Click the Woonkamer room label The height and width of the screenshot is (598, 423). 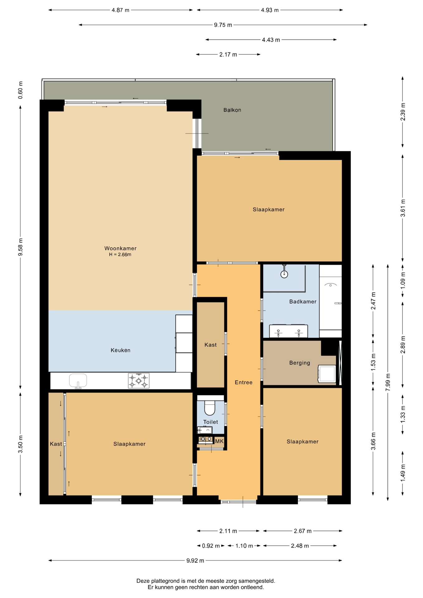coord(120,248)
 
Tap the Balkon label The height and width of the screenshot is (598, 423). coord(232,110)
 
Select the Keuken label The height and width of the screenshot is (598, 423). coord(121,350)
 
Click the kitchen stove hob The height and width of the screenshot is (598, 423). coord(139,381)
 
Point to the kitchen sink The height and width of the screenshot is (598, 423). coord(78,381)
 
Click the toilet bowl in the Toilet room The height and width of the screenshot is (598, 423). coord(210,408)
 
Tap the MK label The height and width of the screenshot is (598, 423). coord(219,441)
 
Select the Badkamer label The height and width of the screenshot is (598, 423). coord(303,301)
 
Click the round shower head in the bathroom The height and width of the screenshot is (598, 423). coord(284,274)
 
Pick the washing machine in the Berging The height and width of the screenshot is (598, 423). coord(327,374)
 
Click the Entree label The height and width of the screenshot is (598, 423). coord(244,382)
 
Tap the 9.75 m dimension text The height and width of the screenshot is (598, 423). coord(223,25)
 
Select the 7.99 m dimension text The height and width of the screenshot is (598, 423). coord(388,382)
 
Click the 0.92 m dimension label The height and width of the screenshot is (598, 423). coord(211,546)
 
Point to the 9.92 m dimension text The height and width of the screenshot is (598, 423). coord(195,561)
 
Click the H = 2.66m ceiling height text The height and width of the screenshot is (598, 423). coord(120,254)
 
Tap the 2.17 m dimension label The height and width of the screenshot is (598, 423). coord(228,55)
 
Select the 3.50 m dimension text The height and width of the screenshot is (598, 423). coord(21,444)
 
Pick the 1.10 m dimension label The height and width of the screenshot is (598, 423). coord(244,546)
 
